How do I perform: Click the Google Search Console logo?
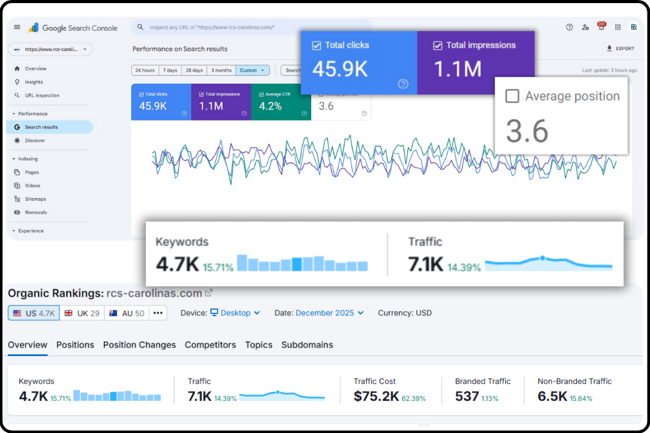[x=73, y=28]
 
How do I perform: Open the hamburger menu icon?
[x=17, y=27]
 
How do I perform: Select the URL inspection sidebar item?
[x=41, y=95]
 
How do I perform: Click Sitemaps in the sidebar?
[x=35, y=199]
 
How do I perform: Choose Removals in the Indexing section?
[x=35, y=212]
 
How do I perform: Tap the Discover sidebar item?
[x=35, y=141]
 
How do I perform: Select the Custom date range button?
[x=252, y=71]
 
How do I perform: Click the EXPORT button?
[x=620, y=48]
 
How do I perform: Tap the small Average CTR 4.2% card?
[x=281, y=102]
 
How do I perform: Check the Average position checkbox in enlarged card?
[x=512, y=96]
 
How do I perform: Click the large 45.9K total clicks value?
[x=340, y=69]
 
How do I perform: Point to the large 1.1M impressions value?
[x=458, y=69]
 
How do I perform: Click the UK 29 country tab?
[x=82, y=313]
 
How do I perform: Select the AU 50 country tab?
[x=127, y=313]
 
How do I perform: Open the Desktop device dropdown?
[x=235, y=313]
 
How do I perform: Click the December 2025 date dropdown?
[x=330, y=313]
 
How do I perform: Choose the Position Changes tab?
[x=139, y=345]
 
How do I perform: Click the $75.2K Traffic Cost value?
[x=376, y=396]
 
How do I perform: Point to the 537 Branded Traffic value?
[x=467, y=396]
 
